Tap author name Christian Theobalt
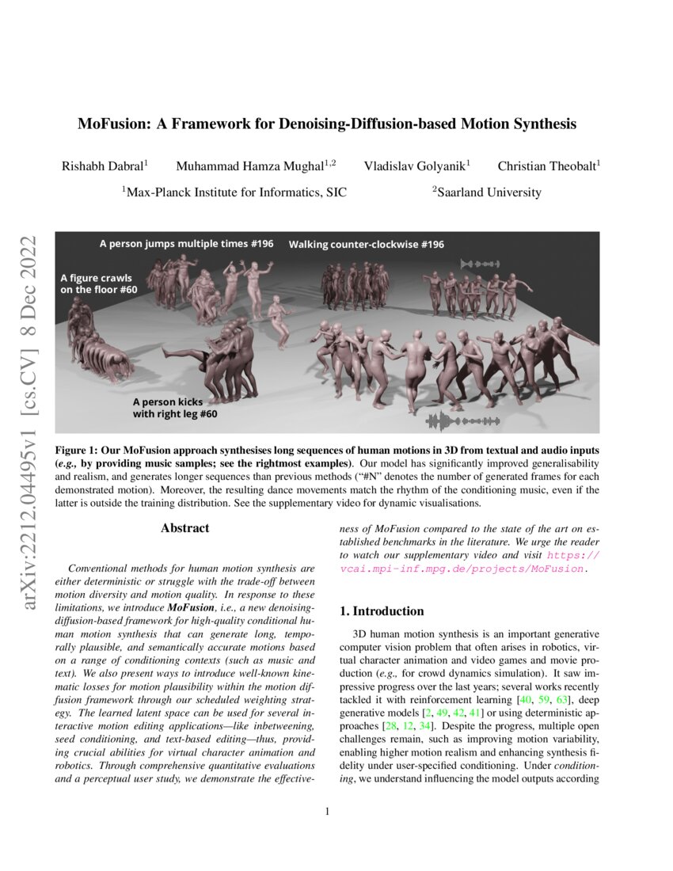pos(547,166)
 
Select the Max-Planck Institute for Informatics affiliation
pos(233,192)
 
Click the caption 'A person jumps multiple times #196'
pos(186,244)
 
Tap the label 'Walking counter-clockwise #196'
pos(366,245)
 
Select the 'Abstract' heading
pos(184,528)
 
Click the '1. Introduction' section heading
pos(382,611)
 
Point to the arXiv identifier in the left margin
pos(34,421)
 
